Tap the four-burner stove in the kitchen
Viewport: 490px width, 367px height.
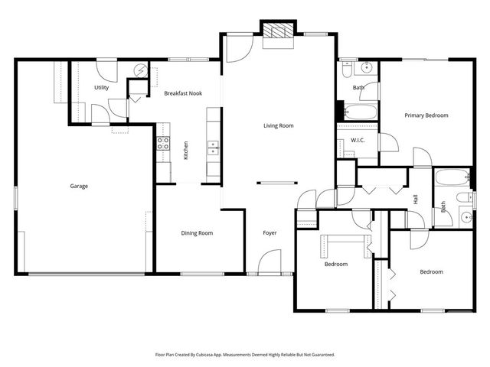[x=163, y=144]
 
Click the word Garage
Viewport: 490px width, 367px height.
[x=79, y=186]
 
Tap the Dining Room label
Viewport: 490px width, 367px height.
[x=197, y=233]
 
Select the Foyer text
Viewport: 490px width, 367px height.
[x=269, y=233]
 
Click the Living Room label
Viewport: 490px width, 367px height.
[x=279, y=125]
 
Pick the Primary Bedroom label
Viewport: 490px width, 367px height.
[x=426, y=115]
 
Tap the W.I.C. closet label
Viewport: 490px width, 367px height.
[x=358, y=141]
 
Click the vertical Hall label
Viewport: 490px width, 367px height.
[x=416, y=199]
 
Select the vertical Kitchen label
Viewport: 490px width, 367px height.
[x=185, y=149]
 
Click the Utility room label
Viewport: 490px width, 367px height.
[x=101, y=87]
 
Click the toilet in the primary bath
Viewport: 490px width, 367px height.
[x=348, y=71]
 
